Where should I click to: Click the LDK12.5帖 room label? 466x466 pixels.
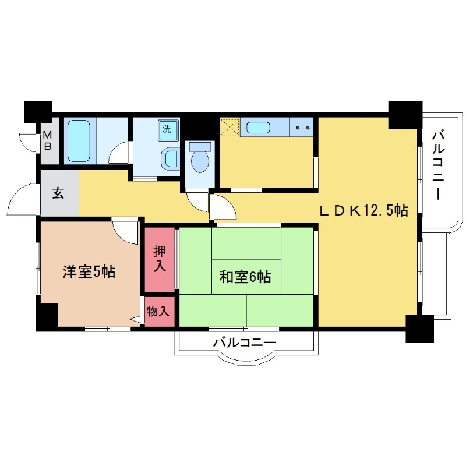362,211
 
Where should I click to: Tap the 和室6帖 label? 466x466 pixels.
245,277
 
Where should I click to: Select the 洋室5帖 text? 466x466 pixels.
89,271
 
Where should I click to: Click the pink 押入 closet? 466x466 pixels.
159,259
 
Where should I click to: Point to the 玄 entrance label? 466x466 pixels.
58,193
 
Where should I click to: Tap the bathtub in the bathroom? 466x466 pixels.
78,142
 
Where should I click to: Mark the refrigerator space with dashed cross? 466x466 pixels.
228,127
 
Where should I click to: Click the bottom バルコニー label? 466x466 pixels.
244,343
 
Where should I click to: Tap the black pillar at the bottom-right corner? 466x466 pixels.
420,328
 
